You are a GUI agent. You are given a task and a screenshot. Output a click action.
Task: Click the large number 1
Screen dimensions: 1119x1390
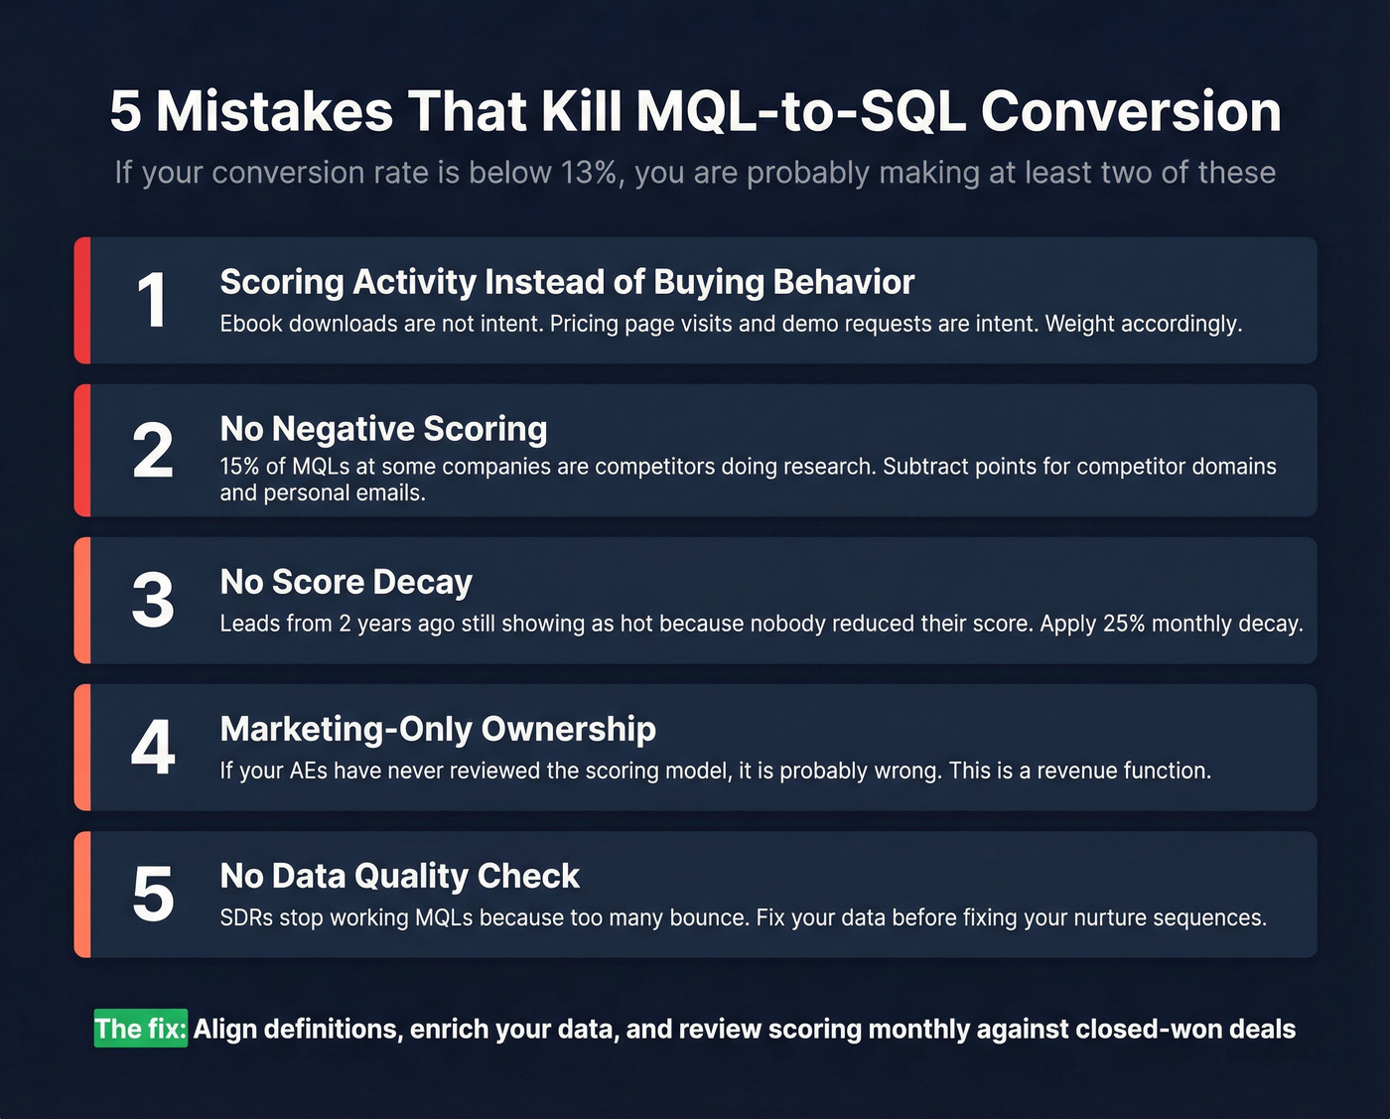point(152,300)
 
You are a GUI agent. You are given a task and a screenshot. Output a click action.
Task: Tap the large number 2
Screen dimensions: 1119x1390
point(153,451)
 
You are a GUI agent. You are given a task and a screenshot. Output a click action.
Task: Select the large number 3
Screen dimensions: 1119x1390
point(153,601)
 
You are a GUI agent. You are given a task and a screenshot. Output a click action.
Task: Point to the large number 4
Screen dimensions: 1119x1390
point(153,747)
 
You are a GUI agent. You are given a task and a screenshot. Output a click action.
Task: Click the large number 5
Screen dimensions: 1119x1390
point(153,895)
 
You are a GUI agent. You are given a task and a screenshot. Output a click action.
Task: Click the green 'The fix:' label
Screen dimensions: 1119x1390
point(141,1029)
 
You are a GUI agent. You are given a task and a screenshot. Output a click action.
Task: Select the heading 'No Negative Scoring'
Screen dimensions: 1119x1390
point(383,429)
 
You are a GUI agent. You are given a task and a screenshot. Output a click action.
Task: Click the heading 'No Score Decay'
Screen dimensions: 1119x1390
point(346,582)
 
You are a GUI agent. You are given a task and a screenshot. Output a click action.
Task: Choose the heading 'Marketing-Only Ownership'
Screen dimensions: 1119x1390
point(438,729)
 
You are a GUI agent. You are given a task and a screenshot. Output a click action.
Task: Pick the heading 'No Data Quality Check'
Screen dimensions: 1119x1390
point(399,876)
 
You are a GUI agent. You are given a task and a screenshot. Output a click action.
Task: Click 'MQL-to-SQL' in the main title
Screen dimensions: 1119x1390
point(800,111)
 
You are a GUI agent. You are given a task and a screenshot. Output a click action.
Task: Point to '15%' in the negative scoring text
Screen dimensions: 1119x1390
point(239,467)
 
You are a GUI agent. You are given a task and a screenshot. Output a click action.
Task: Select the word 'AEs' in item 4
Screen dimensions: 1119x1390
point(308,771)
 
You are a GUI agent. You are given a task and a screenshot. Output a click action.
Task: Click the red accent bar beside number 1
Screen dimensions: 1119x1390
point(82,300)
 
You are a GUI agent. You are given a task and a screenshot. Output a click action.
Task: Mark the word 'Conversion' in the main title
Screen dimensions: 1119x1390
point(1131,111)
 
